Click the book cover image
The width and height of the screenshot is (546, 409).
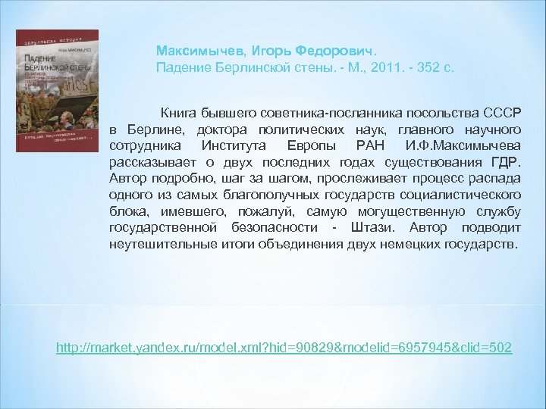click(x=57, y=91)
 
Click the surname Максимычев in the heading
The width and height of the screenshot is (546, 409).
click(x=190, y=50)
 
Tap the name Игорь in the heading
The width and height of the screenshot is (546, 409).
click(x=250, y=50)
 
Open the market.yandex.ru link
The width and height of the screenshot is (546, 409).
click(x=284, y=348)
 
